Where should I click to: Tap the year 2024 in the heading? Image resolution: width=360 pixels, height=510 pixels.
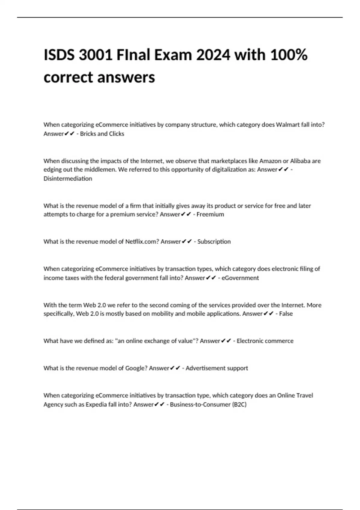point(213,55)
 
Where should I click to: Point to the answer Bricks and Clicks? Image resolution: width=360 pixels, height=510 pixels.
point(102,134)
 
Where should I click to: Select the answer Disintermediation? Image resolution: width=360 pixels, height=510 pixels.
point(68,178)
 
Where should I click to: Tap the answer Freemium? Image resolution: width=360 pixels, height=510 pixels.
point(210,214)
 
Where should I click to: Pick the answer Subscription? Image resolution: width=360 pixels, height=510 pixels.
point(214,241)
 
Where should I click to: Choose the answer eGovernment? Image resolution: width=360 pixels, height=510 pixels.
point(240,278)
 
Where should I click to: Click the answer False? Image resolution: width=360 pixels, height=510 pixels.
point(286,314)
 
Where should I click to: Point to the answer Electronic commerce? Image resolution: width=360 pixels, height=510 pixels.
point(265,341)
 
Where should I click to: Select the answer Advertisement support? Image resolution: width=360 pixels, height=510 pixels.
point(217,368)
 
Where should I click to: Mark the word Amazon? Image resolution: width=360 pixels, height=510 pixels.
point(270,161)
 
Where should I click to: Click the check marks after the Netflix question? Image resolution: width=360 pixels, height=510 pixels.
point(187,241)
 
